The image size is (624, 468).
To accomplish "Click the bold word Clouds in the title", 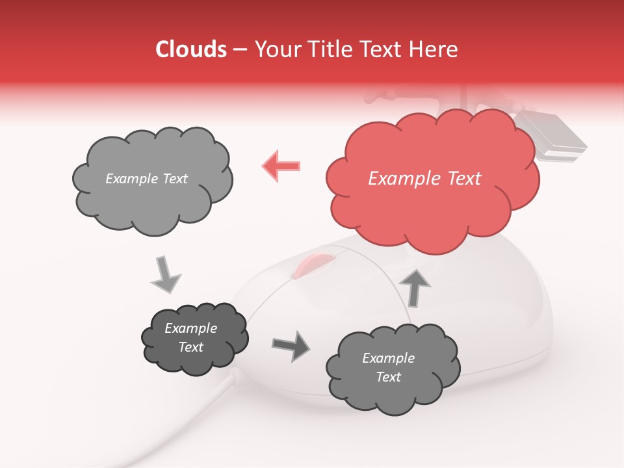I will pos(191,49).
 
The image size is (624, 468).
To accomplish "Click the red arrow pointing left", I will pos(281,165).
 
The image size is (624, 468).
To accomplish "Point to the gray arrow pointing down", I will pos(165,274).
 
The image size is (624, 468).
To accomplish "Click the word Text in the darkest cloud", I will pos(191,347).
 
